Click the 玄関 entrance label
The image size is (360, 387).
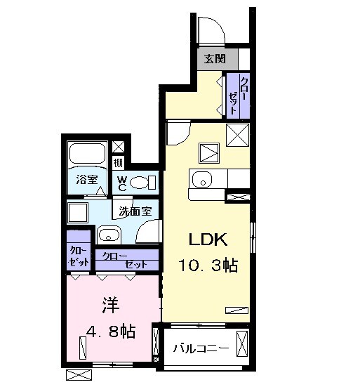click(216, 59)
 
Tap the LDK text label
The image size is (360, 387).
click(206, 240)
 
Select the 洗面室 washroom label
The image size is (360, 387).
click(134, 209)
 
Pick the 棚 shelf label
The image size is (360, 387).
click(119, 164)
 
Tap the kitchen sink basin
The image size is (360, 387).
click(201, 180)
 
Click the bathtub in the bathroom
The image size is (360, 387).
click(87, 155)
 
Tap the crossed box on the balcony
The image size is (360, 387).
click(242, 346)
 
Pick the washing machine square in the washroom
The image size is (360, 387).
click(76, 212)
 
